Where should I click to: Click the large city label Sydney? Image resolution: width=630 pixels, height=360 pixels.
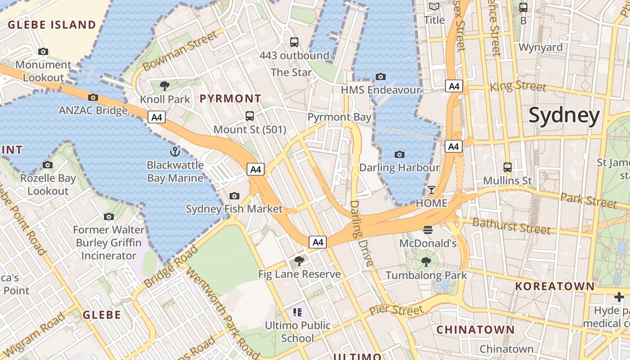click(564, 116)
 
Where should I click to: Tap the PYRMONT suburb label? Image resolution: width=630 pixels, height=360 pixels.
click(230, 98)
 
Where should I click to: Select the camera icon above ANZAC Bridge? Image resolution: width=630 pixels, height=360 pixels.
click(93, 97)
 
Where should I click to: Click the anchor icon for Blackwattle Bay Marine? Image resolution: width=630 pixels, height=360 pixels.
click(175, 152)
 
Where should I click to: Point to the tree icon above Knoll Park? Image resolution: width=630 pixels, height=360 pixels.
click(165, 85)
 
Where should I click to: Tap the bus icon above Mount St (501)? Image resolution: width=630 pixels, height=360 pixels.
click(250, 116)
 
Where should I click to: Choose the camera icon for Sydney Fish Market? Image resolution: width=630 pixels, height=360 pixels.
click(234, 196)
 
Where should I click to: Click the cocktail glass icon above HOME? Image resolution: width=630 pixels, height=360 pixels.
click(432, 189)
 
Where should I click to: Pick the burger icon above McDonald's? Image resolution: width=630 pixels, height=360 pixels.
click(428, 230)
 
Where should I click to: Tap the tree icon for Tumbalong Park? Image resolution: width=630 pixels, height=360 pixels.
click(426, 261)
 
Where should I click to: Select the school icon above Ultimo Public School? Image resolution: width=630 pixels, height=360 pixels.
click(297, 312)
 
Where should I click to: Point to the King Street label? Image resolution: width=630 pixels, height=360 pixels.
click(518, 85)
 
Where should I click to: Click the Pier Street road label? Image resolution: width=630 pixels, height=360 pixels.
click(396, 310)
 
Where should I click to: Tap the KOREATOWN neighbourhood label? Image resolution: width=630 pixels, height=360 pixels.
click(555, 286)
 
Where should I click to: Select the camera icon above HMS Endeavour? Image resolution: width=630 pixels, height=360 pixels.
click(381, 76)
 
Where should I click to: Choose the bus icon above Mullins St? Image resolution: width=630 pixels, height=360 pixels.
click(508, 167)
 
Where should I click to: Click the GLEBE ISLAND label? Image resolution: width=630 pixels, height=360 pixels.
click(52, 25)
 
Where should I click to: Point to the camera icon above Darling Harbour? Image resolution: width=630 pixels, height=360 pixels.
click(399, 155)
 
